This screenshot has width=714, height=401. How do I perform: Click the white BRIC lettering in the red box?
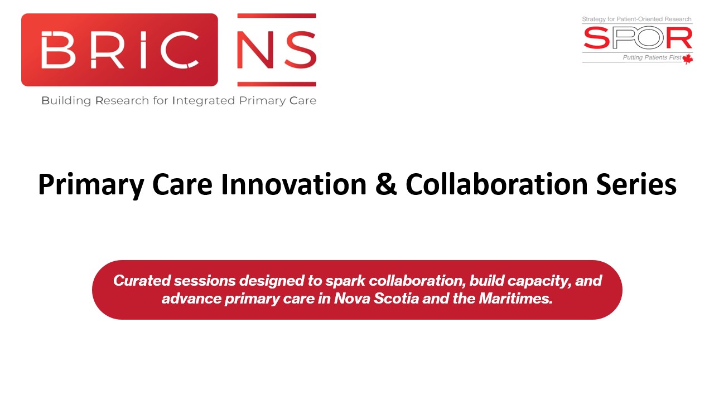coord(119,50)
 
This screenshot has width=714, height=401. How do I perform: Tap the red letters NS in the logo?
coord(277,50)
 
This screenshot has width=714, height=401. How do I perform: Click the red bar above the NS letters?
coord(277,16)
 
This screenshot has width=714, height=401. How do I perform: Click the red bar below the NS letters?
coord(277,84)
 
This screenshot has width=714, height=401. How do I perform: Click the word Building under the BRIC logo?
coord(66,101)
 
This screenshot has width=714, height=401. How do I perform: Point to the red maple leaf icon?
coord(688,59)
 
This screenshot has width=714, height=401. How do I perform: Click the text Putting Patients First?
coord(652,57)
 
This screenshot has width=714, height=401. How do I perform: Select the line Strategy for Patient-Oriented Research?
coord(636,19)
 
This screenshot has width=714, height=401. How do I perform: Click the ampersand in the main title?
coord(385,184)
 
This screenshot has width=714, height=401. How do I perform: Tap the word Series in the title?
coord(636,184)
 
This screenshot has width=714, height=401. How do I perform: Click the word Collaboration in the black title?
coord(496,184)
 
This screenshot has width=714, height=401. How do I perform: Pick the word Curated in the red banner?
coord(142,281)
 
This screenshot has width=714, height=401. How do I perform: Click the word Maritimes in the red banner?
coord(515,299)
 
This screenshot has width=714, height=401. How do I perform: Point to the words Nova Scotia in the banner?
coord(376,299)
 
